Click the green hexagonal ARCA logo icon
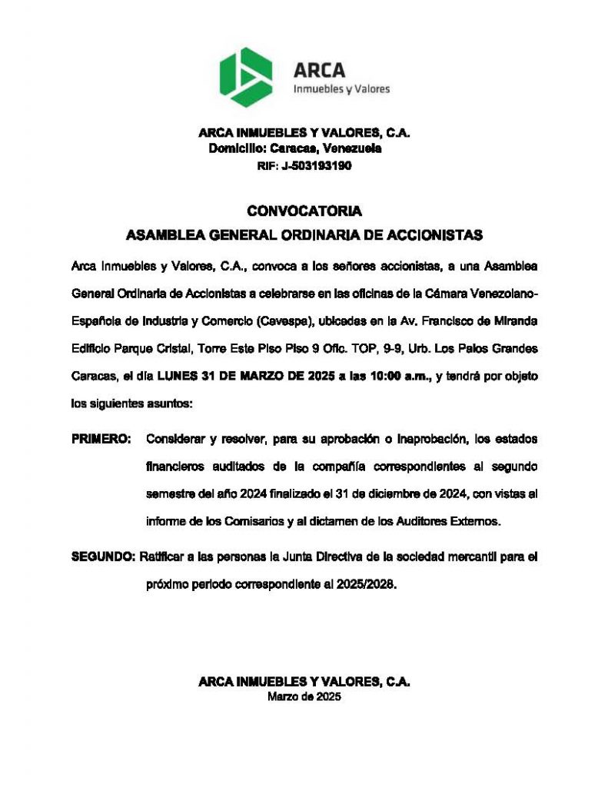click(x=246, y=77)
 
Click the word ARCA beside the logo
click(x=320, y=70)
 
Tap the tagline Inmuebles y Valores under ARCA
click(x=341, y=89)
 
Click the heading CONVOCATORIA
click(x=304, y=211)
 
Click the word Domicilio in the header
click(x=237, y=149)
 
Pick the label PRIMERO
click(x=101, y=439)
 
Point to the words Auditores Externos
click(x=450, y=523)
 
